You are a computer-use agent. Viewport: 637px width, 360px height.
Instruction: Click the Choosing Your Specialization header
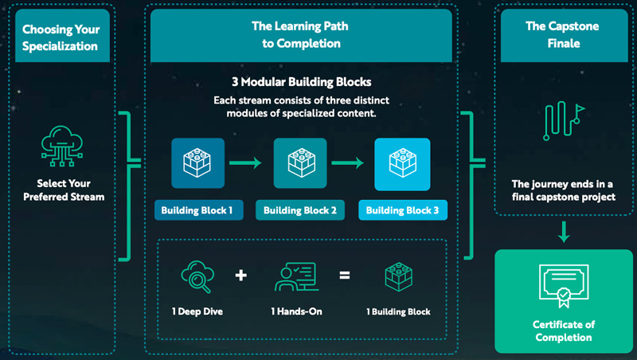point(61,37)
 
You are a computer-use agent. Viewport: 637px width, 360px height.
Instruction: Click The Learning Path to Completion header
point(299,35)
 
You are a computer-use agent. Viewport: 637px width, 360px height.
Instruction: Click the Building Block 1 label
point(197,211)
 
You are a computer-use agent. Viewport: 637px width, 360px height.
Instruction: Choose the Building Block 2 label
point(299,211)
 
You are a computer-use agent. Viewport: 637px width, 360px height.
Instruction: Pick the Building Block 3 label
point(402,211)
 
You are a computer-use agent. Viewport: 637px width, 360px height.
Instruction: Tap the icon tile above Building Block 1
point(197,163)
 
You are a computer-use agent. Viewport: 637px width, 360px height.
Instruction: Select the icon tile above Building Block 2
point(300,163)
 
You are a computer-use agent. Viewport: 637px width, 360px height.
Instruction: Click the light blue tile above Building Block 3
point(402,163)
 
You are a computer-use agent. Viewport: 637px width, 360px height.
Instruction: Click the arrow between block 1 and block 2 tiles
point(248,164)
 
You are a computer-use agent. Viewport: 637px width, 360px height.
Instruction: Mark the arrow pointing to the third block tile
point(351,164)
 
